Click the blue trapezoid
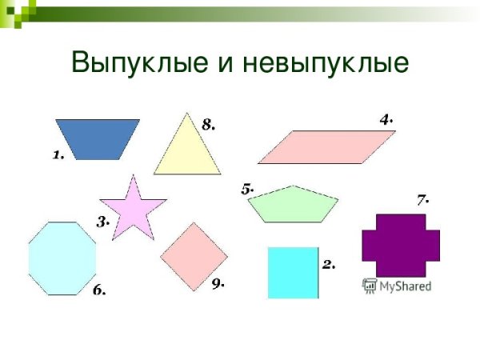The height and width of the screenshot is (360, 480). click(x=97, y=138)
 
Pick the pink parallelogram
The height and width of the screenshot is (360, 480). click(x=326, y=147)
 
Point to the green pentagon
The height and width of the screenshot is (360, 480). click(x=293, y=205)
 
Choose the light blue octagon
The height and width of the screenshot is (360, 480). click(x=62, y=258)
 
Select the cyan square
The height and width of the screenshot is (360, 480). click(x=293, y=273)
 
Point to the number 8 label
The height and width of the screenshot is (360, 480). click(x=209, y=124)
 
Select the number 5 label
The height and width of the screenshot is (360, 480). click(x=247, y=189)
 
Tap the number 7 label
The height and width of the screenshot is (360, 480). click(x=423, y=198)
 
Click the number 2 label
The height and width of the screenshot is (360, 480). click(x=328, y=263)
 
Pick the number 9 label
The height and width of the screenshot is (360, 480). click(x=218, y=284)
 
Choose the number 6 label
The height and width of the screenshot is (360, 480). click(x=99, y=290)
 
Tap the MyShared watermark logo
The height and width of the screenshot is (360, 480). click(x=397, y=285)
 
